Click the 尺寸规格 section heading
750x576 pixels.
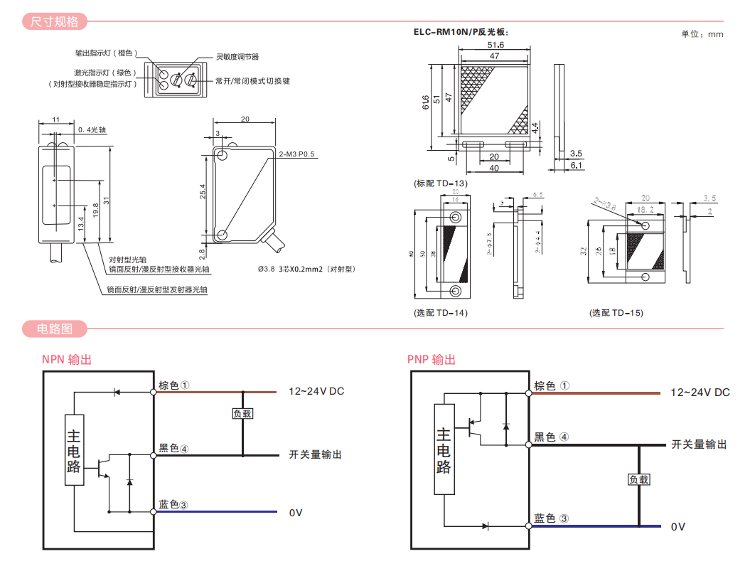54,21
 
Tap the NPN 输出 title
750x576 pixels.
66,360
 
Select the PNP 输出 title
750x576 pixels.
432,360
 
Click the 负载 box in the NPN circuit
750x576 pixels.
242,414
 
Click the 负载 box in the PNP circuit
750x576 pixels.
638,479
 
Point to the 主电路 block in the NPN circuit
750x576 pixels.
74,450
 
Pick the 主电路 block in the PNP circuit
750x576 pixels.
444,449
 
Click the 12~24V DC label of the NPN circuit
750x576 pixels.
316,392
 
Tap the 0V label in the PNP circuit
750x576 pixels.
678,527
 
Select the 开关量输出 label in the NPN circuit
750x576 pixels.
315,454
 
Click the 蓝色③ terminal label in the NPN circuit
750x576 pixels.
173,505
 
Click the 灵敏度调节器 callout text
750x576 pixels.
237,56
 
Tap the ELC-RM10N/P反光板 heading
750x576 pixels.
461,32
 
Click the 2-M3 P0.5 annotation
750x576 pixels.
296,154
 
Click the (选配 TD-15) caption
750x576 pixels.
616,313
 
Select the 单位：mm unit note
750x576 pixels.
702,33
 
